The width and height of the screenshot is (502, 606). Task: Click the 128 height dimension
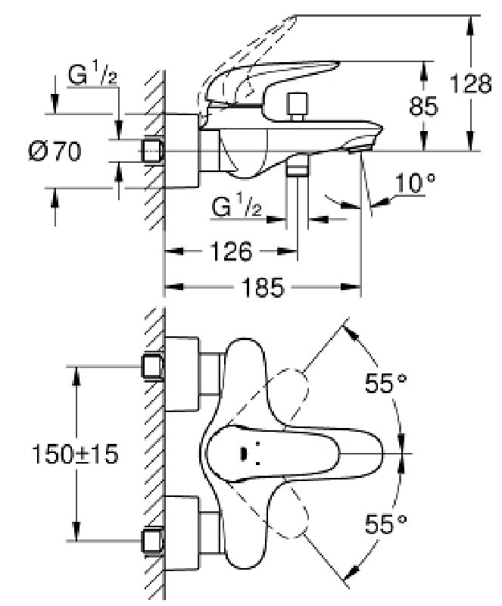click(x=471, y=84)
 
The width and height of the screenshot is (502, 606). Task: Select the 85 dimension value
click(x=423, y=105)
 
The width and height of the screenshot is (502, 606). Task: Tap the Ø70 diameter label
click(x=55, y=151)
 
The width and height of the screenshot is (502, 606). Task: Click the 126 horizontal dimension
click(x=231, y=251)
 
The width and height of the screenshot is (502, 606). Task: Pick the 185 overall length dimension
click(x=263, y=287)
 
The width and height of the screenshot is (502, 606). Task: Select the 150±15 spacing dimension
click(x=75, y=454)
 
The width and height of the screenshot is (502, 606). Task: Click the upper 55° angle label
click(x=386, y=383)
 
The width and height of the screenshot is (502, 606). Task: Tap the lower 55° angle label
click(x=386, y=523)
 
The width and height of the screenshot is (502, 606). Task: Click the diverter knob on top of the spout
click(x=297, y=107)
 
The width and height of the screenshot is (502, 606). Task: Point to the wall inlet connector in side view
click(x=152, y=151)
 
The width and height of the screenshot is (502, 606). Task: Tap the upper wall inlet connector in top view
click(x=152, y=367)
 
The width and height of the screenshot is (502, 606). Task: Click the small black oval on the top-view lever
click(x=244, y=453)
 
